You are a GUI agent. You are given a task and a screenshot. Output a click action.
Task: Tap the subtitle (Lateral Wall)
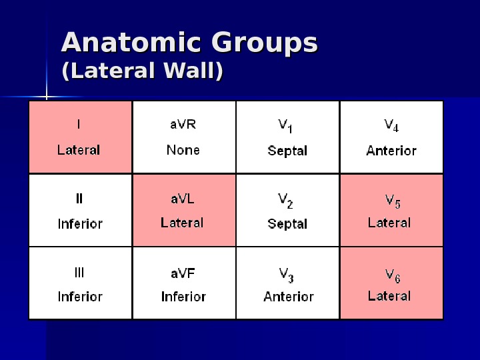pos(142,71)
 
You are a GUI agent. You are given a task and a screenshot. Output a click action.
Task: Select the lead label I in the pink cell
pos(79,123)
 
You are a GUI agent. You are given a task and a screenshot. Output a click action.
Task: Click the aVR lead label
pos(183,123)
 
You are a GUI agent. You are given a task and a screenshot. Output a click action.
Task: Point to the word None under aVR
pos(183,149)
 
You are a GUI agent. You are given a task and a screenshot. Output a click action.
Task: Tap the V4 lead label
pos(391,125)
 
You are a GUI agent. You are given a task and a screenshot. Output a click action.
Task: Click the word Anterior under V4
pos(391,150)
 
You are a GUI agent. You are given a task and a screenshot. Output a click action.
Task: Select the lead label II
pos(79,198)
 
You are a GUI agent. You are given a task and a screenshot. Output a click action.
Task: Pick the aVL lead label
pos(183,198)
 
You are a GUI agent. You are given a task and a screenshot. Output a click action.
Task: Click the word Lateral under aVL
pos(182,223)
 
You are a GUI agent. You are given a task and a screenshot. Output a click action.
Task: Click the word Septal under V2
pos(287,224)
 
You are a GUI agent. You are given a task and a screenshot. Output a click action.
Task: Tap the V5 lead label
pos(393,199)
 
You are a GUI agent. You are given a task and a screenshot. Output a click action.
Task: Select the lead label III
pos(79,272)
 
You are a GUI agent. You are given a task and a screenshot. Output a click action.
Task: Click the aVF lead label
pos(183,272)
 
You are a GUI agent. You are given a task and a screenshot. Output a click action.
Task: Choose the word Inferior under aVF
pos(183,297)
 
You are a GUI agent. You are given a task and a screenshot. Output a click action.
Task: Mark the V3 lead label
pos(286,273)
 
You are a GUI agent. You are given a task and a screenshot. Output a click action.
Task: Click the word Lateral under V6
pos(389,295)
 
